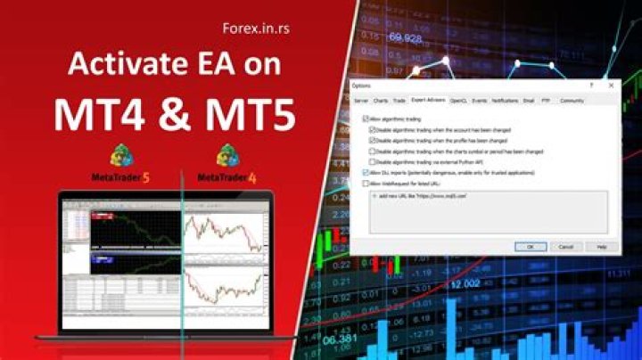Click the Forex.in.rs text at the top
pos(259,29)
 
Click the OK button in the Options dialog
pos(531,246)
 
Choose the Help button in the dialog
pos(601,246)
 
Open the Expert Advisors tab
pos(428,101)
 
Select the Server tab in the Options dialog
pos(361,101)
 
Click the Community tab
pos(572,101)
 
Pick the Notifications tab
pos(505,101)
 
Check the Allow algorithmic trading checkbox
pos(366,119)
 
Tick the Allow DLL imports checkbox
pos(366,173)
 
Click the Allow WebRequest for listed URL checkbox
pos(366,184)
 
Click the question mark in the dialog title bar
pos(591,85)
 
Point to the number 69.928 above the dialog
pos(406,38)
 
